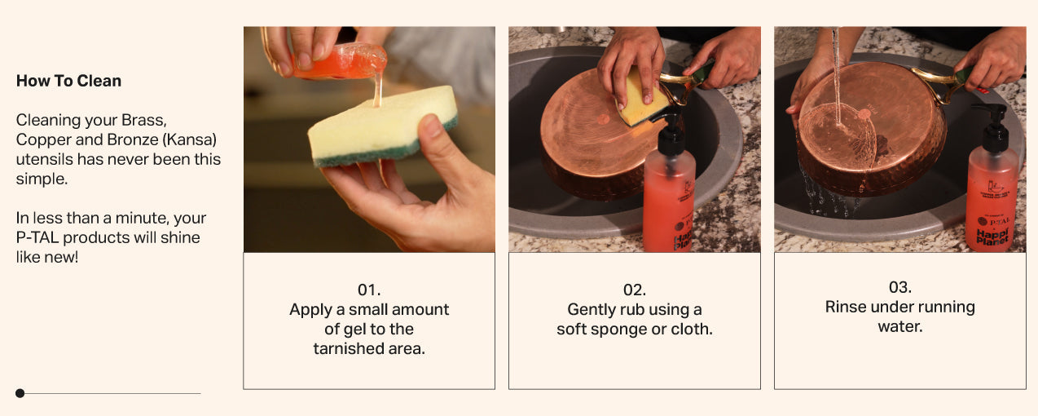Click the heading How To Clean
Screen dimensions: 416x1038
(x=68, y=81)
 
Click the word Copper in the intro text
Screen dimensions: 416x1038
(x=40, y=139)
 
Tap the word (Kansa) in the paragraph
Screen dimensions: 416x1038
(x=191, y=139)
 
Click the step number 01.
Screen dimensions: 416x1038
(x=369, y=290)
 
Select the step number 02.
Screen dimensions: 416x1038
(x=634, y=290)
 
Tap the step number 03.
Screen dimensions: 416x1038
(x=899, y=287)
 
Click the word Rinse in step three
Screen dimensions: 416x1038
(x=845, y=307)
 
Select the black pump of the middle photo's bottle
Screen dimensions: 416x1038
(x=670, y=133)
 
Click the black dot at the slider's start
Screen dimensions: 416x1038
(x=20, y=393)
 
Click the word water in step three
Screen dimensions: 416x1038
(x=899, y=326)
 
